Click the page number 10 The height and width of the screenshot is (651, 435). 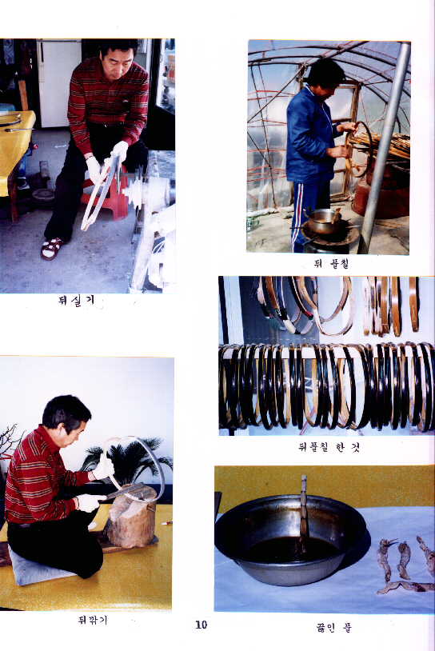[x=201, y=625]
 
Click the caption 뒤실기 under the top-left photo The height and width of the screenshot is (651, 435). [x=76, y=301]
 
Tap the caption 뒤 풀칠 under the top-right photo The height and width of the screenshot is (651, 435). [x=330, y=262]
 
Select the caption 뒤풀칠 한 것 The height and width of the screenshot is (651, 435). [x=324, y=447]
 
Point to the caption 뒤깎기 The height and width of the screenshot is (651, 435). [x=93, y=619]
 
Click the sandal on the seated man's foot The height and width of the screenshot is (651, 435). [x=52, y=248]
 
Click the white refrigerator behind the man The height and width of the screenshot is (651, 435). [x=58, y=80]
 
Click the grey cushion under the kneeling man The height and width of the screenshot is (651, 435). [x=40, y=570]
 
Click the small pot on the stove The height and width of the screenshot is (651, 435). [x=325, y=220]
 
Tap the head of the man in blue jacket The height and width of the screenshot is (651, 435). [x=325, y=74]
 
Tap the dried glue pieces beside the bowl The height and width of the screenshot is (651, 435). [x=404, y=564]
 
